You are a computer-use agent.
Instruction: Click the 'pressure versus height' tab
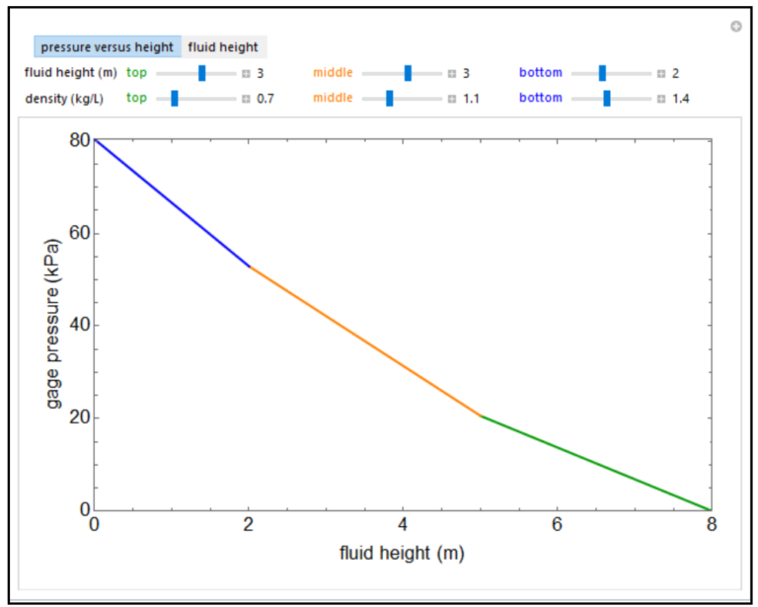pos(108,47)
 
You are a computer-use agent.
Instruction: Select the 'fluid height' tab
pos(223,47)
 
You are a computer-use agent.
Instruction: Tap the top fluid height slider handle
pos(202,73)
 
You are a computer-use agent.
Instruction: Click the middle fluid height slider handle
pos(408,73)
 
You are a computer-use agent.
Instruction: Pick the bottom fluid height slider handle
pos(602,73)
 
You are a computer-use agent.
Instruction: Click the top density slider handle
pos(174,98)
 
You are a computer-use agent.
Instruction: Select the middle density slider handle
pos(390,98)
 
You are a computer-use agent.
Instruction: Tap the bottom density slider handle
pos(607,98)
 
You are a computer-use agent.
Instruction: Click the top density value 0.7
pos(265,99)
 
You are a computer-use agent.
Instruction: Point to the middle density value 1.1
pos(471,99)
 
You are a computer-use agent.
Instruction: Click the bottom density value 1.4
pos(681,99)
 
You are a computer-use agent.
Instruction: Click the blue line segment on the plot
pos(173,204)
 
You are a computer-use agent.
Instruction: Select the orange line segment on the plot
pos(365,341)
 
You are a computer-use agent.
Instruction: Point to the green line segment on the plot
pos(596,463)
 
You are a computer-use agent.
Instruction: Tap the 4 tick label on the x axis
pos(403,524)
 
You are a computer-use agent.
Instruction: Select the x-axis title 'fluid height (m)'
pos(402,553)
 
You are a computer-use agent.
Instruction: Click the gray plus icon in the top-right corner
pos(736,27)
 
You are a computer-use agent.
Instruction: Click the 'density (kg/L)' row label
pos(64,99)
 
